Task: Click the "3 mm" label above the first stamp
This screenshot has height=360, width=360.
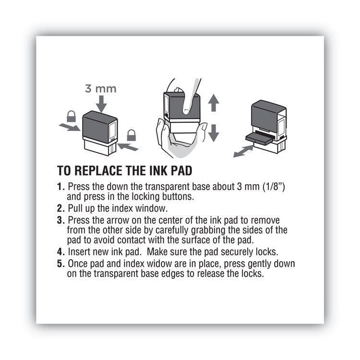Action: coord(101,89)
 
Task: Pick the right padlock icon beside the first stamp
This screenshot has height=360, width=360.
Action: coord(131,135)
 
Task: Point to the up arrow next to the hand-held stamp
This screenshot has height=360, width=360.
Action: coord(214,102)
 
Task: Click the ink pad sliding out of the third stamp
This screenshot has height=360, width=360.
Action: coord(260,137)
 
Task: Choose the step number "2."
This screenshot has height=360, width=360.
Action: coord(60,208)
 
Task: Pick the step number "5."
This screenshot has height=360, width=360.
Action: coord(60,264)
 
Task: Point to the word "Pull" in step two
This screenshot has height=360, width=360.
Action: coord(76,208)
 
